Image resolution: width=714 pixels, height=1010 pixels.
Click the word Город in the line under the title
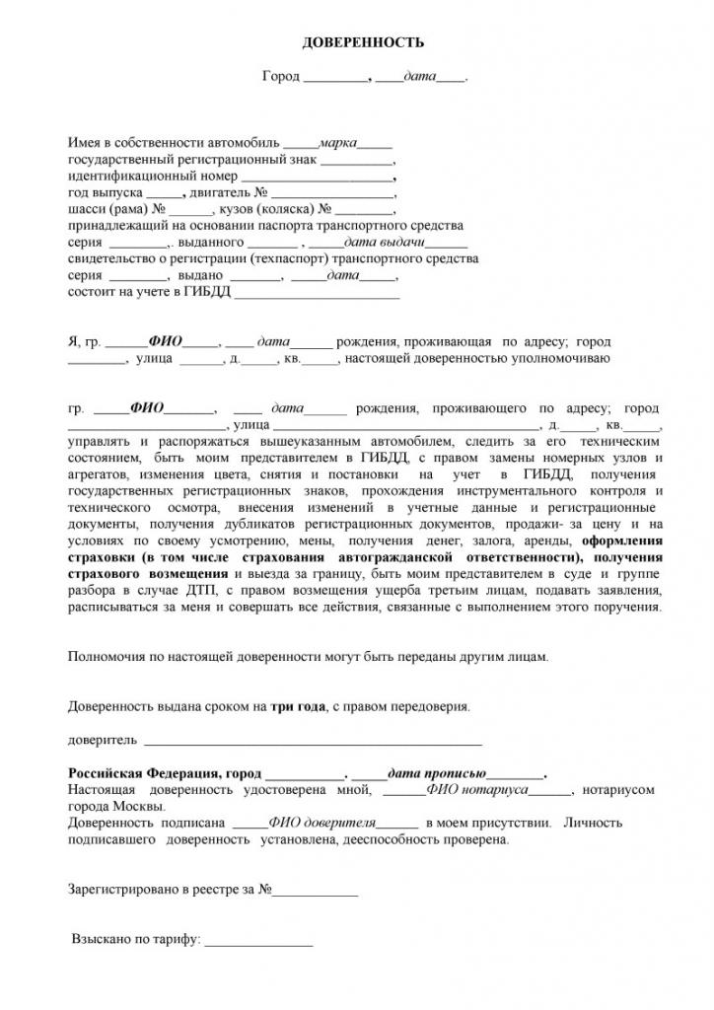pyautogui.click(x=280, y=76)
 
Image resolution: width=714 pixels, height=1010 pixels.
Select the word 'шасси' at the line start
pyautogui.click(x=85, y=209)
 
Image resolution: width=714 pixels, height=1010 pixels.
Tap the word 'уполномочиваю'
pyautogui.click(x=564, y=358)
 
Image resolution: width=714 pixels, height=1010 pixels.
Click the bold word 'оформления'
pyautogui.click(x=622, y=541)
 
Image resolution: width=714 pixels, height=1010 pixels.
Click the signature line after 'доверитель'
pyautogui.click(x=314, y=740)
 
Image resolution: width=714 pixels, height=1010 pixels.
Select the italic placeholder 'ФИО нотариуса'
pyautogui.click(x=476, y=790)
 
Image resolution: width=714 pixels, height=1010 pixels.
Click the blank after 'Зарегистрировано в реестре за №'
pyautogui.click(x=315, y=890)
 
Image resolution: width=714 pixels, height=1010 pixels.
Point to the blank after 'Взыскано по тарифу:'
pyautogui.click(x=258, y=940)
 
